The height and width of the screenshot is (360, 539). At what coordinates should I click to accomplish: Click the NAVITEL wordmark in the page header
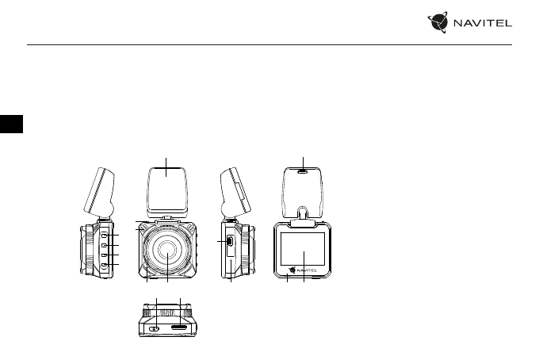tap(483, 23)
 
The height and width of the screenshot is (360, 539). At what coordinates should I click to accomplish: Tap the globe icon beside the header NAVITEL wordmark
tap(438, 22)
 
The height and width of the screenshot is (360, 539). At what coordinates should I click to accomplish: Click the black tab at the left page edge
tap(11, 124)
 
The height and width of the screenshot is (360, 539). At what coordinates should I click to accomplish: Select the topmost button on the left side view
tap(104, 235)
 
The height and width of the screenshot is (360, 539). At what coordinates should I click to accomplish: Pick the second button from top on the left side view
tap(104, 245)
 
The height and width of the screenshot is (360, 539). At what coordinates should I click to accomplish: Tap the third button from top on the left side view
tap(104, 255)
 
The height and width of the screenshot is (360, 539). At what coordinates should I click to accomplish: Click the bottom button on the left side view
tap(104, 265)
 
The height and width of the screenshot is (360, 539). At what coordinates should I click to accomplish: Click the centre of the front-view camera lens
tap(168, 250)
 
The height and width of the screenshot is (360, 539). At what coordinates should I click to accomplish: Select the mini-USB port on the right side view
tap(230, 241)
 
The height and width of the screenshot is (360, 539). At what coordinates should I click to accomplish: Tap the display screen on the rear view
tap(303, 249)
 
